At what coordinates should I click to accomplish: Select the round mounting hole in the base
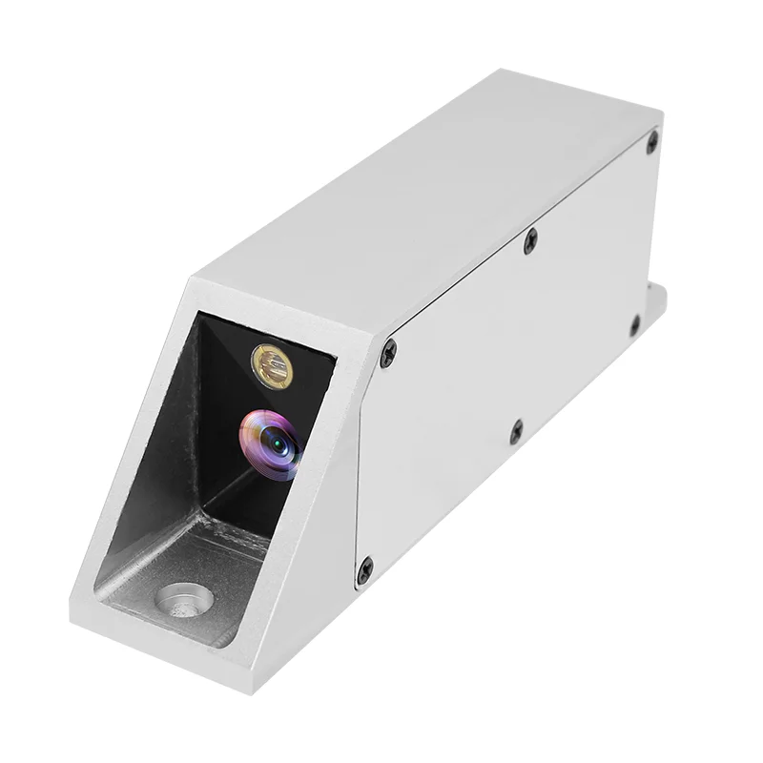pyautogui.click(x=185, y=600)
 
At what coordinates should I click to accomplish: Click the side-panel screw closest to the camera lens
pyautogui.click(x=388, y=354)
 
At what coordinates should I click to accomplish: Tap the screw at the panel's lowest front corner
pyautogui.click(x=363, y=573)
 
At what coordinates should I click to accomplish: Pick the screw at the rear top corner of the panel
pyautogui.click(x=652, y=142)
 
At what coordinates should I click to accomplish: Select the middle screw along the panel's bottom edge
pyautogui.click(x=516, y=431)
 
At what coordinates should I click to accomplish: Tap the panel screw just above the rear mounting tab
pyautogui.click(x=634, y=324)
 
